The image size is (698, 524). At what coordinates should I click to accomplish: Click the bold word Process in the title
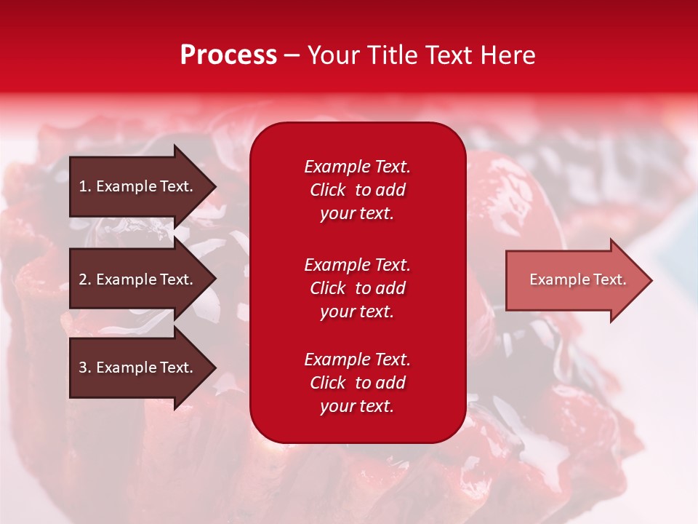tap(228, 55)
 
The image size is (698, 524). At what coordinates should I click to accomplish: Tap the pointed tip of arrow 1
tap(214, 186)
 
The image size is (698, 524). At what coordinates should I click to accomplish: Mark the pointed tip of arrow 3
tap(214, 368)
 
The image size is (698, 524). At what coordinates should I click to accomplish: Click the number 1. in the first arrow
tap(84, 186)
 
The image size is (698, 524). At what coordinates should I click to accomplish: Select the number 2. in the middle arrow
tap(85, 279)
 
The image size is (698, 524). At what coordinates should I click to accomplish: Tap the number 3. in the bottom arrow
tap(85, 368)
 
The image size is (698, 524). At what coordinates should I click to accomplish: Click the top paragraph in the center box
tap(357, 190)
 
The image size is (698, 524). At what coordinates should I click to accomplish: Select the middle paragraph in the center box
tap(357, 288)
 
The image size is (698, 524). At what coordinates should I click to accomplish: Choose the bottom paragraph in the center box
tap(357, 383)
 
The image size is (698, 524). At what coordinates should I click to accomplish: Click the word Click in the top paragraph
tap(327, 190)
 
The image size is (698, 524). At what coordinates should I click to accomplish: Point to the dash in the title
tap(292, 56)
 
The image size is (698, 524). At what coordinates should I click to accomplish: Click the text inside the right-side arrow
tap(577, 279)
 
